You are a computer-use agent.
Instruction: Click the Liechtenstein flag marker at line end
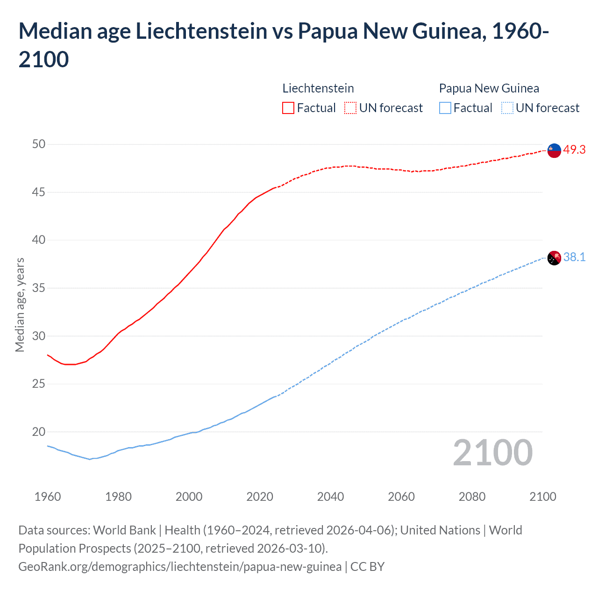(x=554, y=150)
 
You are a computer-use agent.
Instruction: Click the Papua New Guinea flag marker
(x=554, y=258)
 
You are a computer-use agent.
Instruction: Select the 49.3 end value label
(x=574, y=149)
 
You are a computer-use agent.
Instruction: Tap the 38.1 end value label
(x=574, y=257)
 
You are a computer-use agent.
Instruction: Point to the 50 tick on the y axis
(x=39, y=144)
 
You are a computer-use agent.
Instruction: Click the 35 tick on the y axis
(x=39, y=288)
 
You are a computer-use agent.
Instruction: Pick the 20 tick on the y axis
(x=39, y=432)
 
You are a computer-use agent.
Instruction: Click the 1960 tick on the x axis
(x=48, y=496)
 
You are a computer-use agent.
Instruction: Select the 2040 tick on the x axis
(x=330, y=496)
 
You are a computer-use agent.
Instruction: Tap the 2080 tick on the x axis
(x=472, y=496)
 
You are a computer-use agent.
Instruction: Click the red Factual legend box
(x=288, y=108)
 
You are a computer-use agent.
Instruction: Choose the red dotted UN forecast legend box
(x=350, y=108)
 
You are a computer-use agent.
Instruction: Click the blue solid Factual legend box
(x=445, y=108)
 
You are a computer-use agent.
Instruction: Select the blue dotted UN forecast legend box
(x=507, y=108)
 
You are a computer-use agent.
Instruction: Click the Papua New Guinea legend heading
(x=489, y=88)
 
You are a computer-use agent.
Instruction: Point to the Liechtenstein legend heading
(x=318, y=88)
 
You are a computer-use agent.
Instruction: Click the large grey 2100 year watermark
(x=492, y=452)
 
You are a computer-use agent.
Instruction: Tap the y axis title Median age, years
(x=20, y=305)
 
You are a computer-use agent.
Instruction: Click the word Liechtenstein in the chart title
(x=201, y=31)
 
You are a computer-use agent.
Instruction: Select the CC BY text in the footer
(x=367, y=566)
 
